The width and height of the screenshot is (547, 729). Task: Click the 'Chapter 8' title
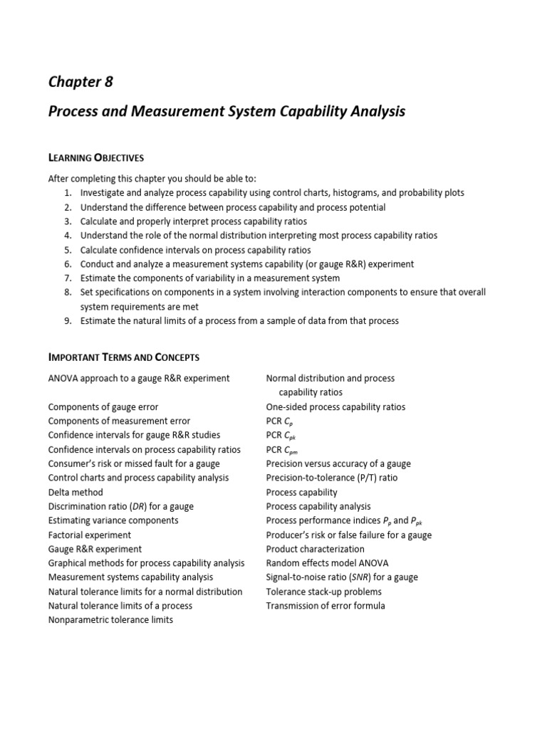tap(80, 81)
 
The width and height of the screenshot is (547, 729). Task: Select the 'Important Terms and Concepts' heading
tap(123, 357)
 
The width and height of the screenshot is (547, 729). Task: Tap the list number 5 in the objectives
tap(68, 250)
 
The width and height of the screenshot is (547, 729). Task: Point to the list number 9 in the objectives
tap(68, 321)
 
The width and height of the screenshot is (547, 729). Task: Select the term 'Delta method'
tap(75, 492)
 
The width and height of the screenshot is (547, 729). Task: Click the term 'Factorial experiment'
tap(90, 535)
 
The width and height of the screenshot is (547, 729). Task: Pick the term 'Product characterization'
tap(315, 549)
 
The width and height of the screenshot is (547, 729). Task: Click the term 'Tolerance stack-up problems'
tap(323, 592)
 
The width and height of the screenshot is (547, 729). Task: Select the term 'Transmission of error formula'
tap(325, 606)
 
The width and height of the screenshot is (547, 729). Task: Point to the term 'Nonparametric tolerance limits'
tap(110, 620)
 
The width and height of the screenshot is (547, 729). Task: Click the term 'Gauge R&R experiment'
tap(95, 549)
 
